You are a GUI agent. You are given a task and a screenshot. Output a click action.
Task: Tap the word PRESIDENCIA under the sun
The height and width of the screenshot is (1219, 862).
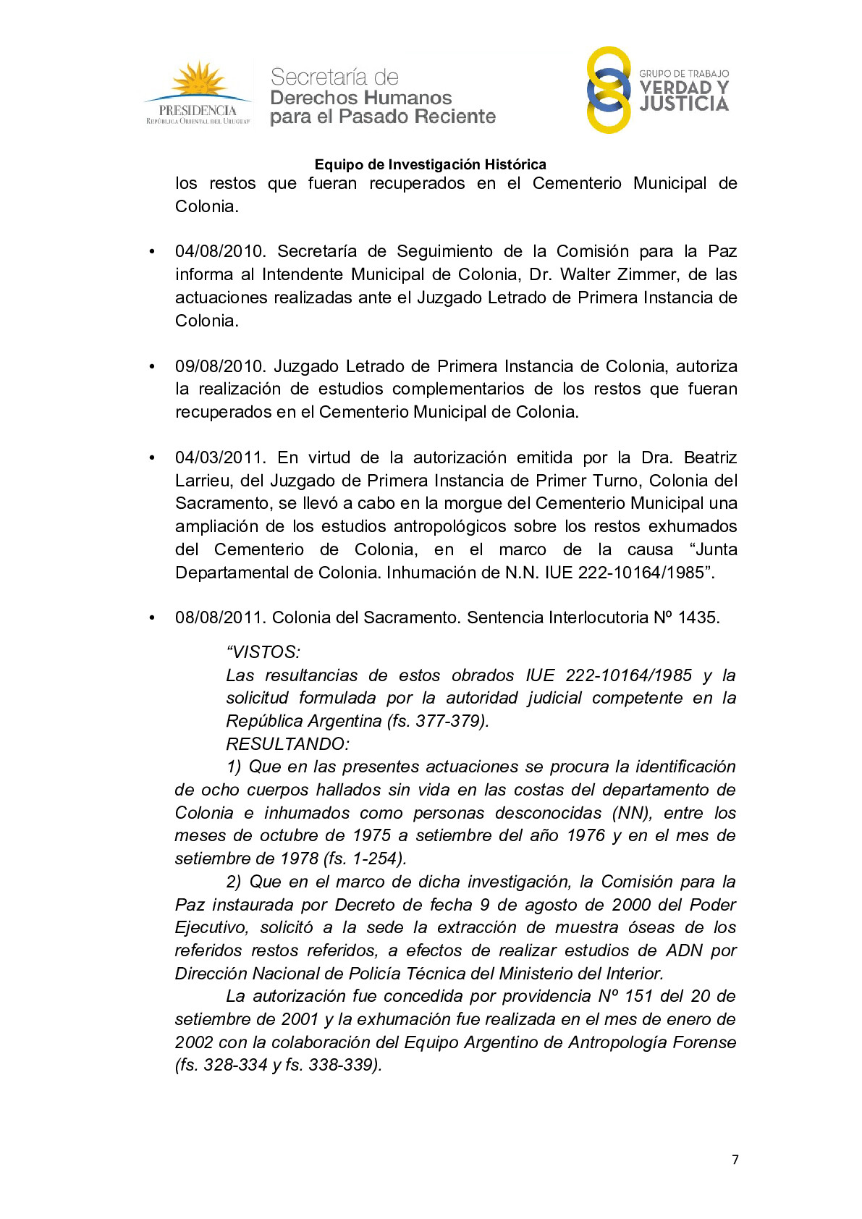pos(198,111)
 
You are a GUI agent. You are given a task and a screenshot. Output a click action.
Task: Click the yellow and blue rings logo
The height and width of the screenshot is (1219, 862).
pos(608,90)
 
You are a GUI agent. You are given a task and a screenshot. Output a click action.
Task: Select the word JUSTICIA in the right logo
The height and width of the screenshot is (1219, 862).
pos(684,104)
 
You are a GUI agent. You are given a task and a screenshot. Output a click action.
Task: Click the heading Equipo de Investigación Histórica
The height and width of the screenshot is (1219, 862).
pos(430,164)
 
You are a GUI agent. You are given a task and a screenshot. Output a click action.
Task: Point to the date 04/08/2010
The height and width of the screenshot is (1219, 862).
pos(219,251)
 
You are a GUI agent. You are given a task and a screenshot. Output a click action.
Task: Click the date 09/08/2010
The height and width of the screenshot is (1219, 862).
pos(219,366)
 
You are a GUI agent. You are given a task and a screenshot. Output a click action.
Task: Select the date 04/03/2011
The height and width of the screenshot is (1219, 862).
pos(219,457)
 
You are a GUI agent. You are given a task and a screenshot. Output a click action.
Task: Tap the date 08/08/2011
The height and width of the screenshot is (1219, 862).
pos(219,617)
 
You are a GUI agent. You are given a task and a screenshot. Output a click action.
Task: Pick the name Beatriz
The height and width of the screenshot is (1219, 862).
pos(710,457)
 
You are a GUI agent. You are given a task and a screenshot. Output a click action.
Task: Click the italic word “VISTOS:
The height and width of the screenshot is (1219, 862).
pos(263,652)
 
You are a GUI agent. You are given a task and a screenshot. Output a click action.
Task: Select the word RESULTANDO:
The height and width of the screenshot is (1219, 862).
pos(287,744)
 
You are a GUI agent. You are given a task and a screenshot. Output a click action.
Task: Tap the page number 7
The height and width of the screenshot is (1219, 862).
pos(735,1160)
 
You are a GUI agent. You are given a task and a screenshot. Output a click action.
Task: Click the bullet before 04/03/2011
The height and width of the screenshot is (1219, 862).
pos(152,458)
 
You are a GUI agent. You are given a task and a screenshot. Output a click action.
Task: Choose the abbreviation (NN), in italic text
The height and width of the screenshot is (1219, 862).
pos(633,813)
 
